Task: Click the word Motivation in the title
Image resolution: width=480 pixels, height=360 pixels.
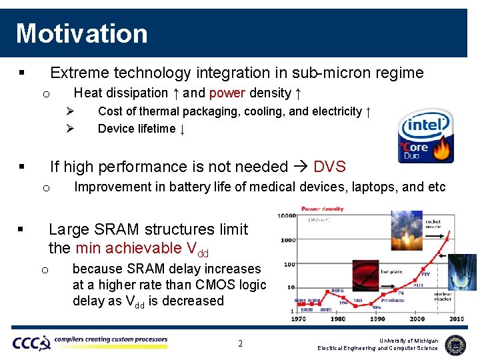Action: [81, 33]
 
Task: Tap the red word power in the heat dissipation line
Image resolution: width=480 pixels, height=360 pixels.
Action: [227, 93]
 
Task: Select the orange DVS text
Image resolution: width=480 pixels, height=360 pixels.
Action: [329, 167]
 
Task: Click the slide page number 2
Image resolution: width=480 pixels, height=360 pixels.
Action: [240, 344]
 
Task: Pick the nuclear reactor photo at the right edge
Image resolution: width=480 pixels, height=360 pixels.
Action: [464, 272]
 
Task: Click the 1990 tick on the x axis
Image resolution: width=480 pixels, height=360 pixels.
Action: [377, 319]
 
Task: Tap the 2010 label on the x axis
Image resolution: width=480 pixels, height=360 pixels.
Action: [457, 319]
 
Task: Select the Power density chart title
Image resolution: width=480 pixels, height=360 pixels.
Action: [323, 209]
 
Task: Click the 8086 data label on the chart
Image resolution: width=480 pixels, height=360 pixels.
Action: [338, 291]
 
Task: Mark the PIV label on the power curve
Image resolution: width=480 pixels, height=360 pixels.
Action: [425, 274]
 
